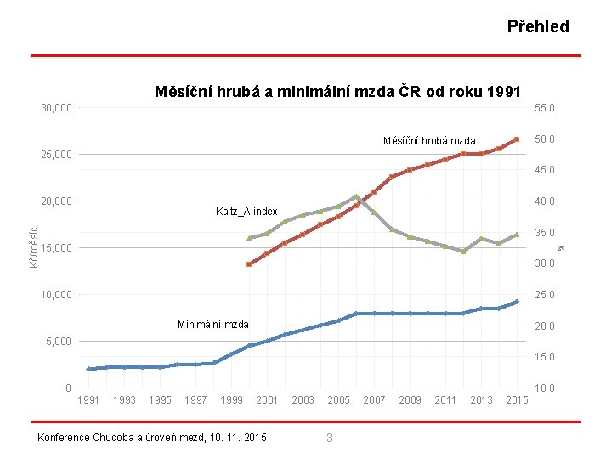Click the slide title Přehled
(538, 26)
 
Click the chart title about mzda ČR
(337, 92)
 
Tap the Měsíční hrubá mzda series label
(429, 141)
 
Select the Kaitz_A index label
(246, 212)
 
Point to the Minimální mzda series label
(213, 325)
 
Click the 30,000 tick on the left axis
(57, 108)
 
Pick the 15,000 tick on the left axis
(57, 248)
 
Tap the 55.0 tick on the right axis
(544, 108)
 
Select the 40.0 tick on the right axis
(544, 201)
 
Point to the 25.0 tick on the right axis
(544, 295)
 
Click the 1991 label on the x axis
(88, 400)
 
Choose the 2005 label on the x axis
(338, 400)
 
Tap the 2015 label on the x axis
(517, 400)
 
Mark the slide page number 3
(330, 438)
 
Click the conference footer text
(152, 438)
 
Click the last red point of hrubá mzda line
(517, 139)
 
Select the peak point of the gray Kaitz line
(356, 197)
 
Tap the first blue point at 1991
(88, 369)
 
